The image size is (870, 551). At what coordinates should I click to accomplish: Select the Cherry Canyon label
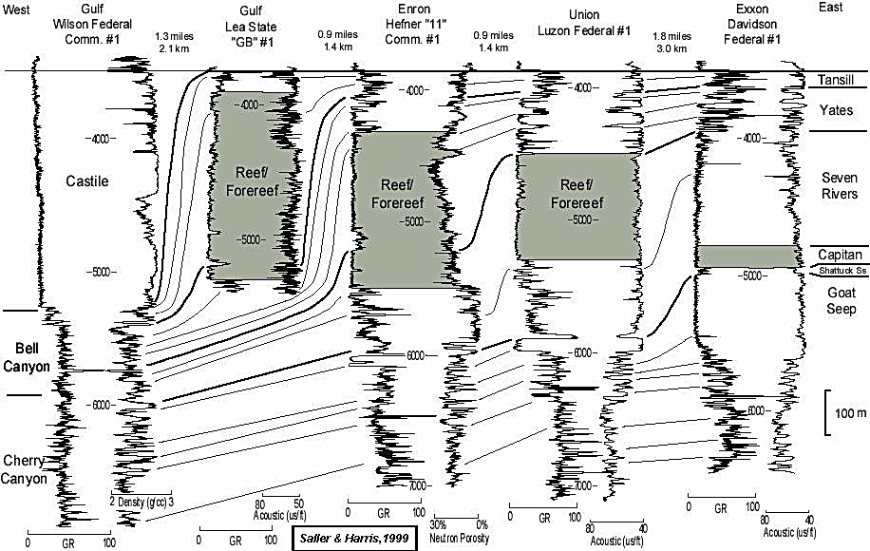tap(24, 469)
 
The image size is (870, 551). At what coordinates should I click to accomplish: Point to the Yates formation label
tap(837, 110)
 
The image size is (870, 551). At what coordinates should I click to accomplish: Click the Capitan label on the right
tap(840, 255)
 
